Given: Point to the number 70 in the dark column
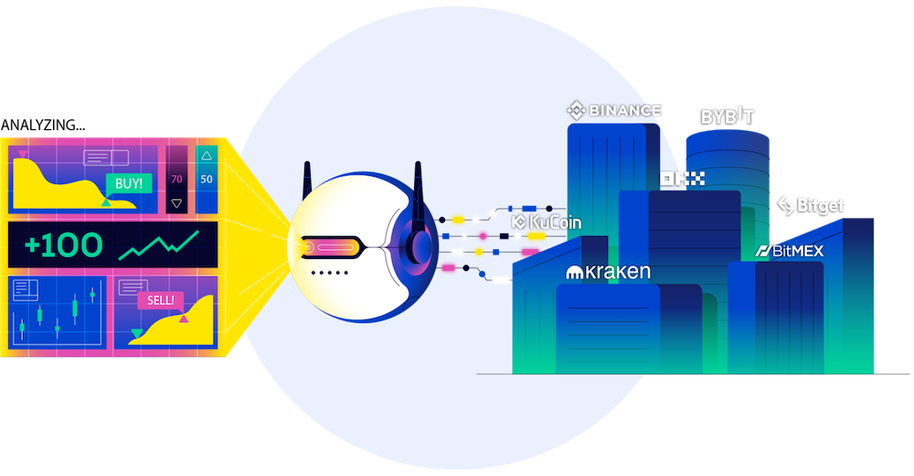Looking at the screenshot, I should [176, 178].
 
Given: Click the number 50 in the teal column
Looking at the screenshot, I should [206, 178].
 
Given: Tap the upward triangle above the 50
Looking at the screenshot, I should [206, 156].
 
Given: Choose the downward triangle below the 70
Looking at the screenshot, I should [176, 202].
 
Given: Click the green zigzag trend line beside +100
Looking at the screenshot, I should [160, 244].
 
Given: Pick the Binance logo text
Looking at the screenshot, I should [613, 111].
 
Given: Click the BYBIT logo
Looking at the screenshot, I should [728, 117].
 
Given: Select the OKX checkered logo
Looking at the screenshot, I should [682, 179].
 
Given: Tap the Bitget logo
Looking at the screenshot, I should [811, 205].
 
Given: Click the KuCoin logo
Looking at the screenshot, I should [546, 222].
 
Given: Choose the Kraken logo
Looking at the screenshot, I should [607, 272].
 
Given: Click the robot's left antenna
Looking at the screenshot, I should [307, 179].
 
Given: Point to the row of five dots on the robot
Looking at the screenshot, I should [326, 273].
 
